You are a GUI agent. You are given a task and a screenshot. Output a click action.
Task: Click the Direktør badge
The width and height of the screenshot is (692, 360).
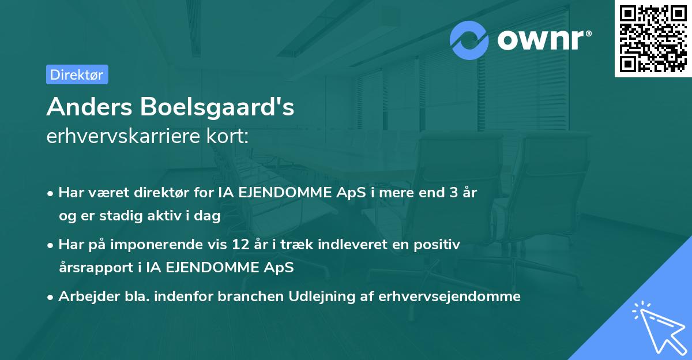(x=77, y=74)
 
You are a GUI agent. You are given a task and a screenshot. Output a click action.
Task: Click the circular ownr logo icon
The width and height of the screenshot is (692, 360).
(x=469, y=40)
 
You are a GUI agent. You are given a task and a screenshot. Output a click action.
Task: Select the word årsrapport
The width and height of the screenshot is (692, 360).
(x=92, y=268)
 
